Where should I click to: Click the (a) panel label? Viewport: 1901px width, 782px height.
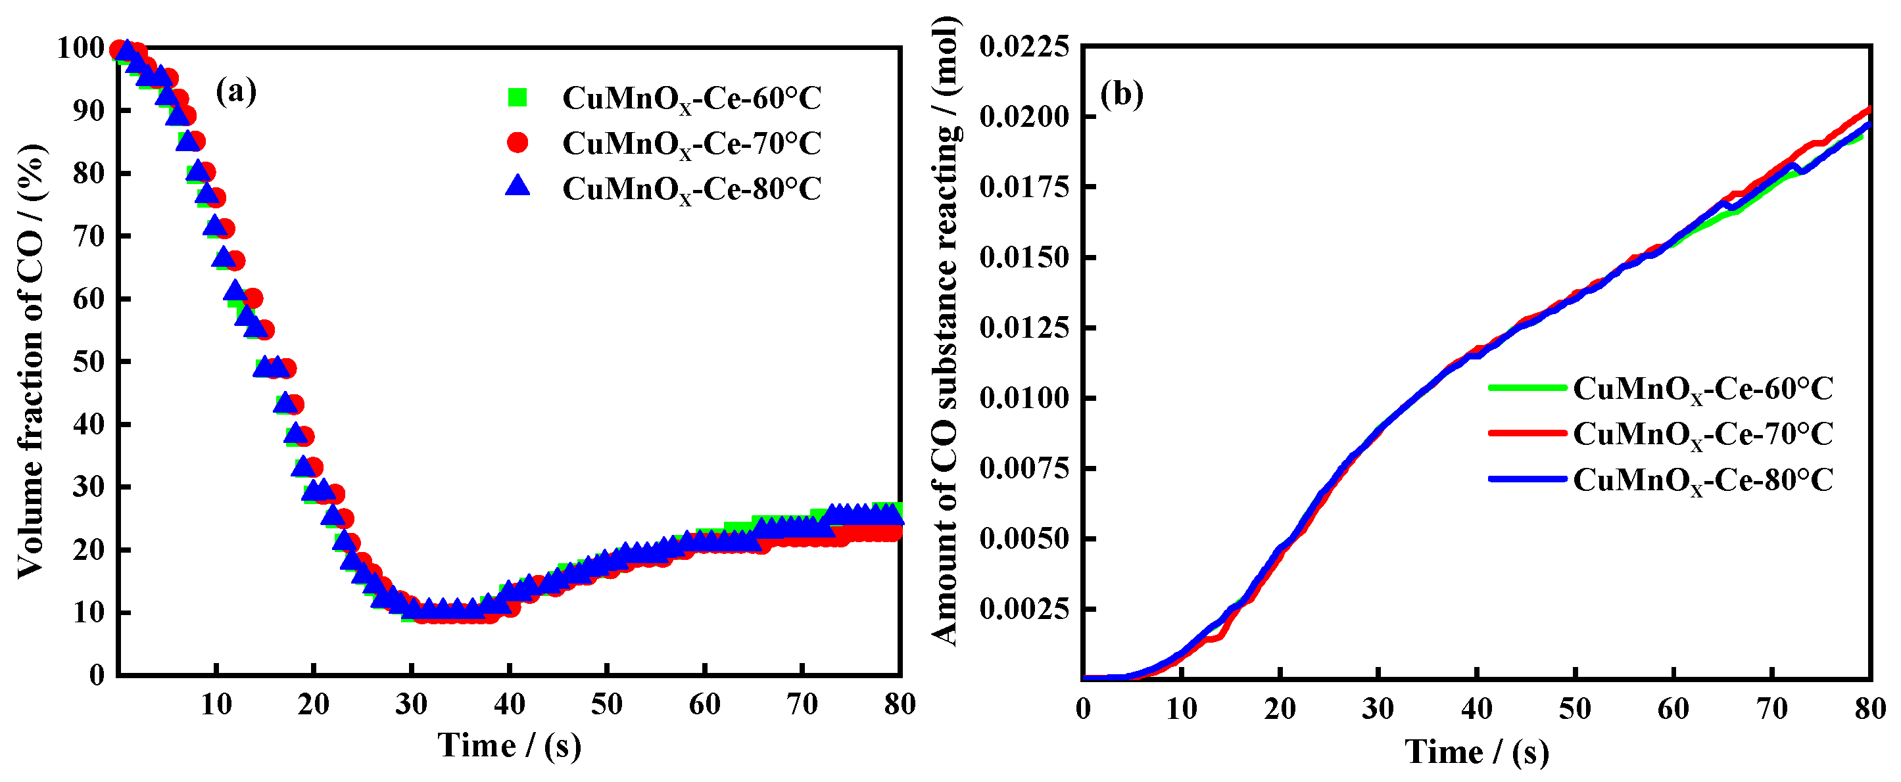[236, 91]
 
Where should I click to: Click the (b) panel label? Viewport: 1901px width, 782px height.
[1121, 94]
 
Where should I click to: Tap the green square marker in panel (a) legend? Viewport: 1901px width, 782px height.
[518, 97]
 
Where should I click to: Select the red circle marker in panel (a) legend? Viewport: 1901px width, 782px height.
[518, 143]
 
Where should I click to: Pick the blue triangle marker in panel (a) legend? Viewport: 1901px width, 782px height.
[518, 186]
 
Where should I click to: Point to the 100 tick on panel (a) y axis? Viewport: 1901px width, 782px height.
[80, 48]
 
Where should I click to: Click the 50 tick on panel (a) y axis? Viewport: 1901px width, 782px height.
[89, 361]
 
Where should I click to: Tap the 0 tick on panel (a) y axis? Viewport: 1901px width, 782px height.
[97, 675]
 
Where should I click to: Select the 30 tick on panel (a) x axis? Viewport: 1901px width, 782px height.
[411, 704]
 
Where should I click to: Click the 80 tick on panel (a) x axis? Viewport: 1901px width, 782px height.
[900, 704]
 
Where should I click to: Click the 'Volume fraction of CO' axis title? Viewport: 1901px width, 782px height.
[31, 361]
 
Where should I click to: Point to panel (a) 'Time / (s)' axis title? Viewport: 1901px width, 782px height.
[509, 746]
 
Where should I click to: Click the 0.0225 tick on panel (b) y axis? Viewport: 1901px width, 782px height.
[1024, 47]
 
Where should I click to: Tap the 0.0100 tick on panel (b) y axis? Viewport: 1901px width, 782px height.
[1024, 398]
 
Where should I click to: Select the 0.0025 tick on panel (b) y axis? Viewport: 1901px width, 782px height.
[1024, 609]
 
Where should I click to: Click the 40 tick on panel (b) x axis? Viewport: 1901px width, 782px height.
[1477, 709]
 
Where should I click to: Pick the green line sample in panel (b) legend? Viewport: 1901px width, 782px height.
[1526, 387]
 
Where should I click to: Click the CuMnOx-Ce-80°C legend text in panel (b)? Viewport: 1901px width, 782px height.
[1702, 480]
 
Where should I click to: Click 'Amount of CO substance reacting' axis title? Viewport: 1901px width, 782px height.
[946, 332]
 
